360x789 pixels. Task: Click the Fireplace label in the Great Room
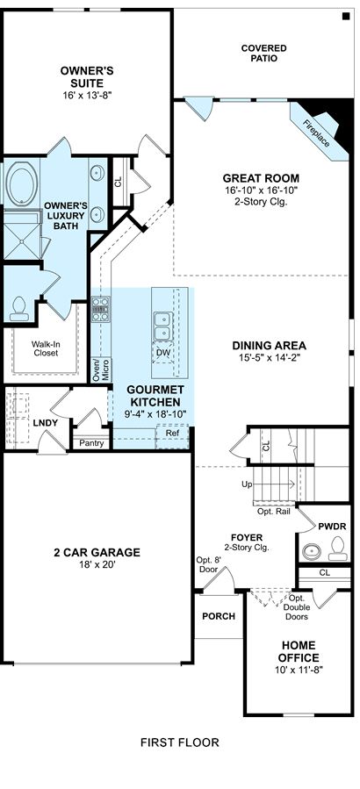tap(317, 133)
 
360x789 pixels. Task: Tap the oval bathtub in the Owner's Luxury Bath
tap(21, 183)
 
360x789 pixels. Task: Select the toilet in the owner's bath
tap(19, 309)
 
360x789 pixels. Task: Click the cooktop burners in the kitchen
tap(100, 309)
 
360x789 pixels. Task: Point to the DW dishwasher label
tap(162, 353)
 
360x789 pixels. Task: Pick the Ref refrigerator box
tap(172, 436)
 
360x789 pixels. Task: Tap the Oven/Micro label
tap(101, 369)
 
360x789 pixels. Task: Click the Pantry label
tap(91, 443)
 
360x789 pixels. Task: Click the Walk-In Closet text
tap(46, 348)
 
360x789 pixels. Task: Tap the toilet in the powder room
tap(338, 549)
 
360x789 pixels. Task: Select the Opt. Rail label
tap(274, 512)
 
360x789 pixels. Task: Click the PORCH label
tap(219, 616)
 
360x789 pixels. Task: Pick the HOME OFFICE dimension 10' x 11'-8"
tap(299, 670)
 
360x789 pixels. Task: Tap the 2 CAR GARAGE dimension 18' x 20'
tap(97, 564)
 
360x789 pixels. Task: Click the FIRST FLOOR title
tap(180, 742)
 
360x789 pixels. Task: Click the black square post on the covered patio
tap(346, 17)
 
